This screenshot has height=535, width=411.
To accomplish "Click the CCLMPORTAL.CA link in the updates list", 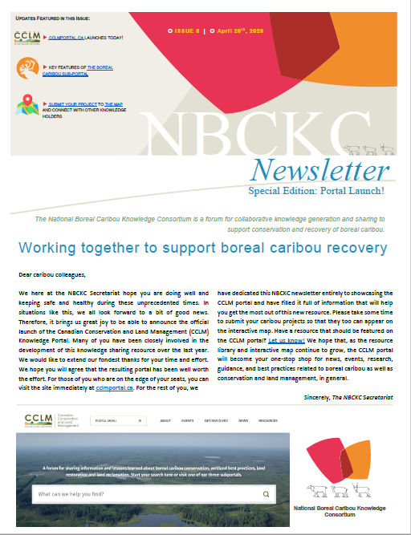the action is [x=70, y=38].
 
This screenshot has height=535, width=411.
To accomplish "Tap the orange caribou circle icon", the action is [x=28, y=70].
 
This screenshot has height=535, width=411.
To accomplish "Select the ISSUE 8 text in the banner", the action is [x=185, y=30].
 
